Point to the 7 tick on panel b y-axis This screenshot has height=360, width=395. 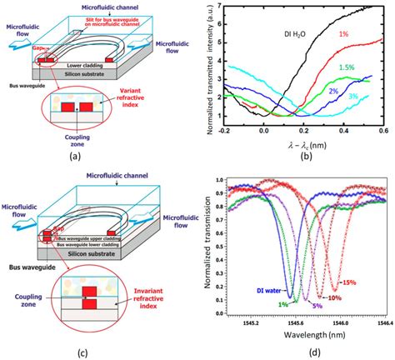[218, 6]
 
